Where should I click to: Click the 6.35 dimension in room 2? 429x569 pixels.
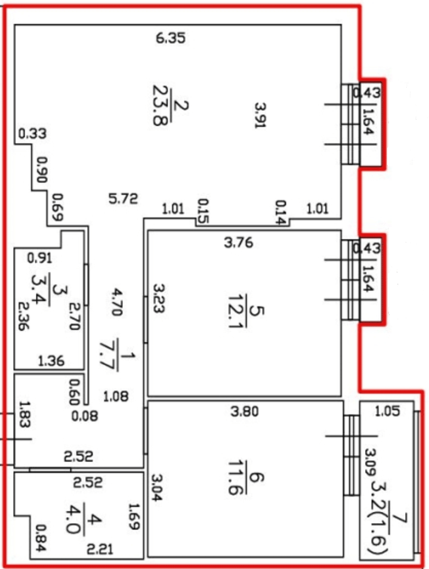coord(171,38)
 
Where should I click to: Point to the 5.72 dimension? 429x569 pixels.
coord(123,199)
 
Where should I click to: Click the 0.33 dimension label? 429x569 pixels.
coord(32,134)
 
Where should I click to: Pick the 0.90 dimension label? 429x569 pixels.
coord(41,170)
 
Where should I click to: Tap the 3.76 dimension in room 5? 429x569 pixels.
coord(238,243)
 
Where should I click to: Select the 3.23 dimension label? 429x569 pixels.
coord(159,298)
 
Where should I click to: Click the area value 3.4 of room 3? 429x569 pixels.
coord(39,289)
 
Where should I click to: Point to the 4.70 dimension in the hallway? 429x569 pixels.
coord(117,302)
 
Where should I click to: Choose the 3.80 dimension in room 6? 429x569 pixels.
coord(245,412)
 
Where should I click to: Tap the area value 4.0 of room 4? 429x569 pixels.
coord(72,520)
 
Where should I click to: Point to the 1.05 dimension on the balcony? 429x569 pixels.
coord(387,411)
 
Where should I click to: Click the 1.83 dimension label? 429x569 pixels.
coord(25,414)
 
